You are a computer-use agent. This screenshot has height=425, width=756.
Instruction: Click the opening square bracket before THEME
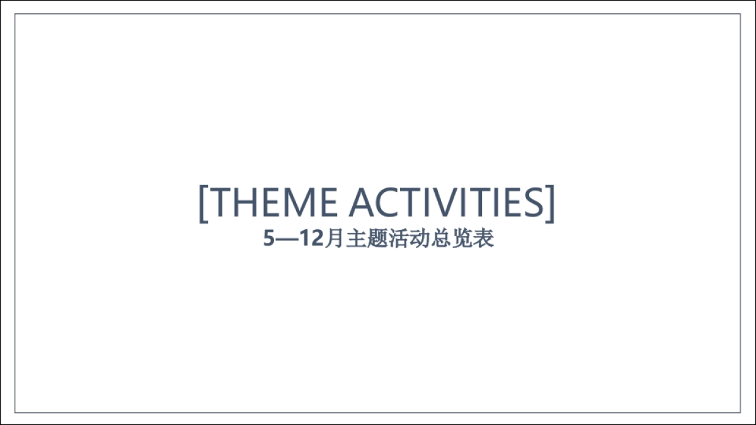[203, 203]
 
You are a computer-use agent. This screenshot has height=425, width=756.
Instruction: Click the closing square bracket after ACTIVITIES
[551, 203]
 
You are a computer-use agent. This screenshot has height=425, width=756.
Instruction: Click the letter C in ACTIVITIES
[385, 203]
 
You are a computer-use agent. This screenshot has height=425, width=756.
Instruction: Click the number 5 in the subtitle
[270, 239]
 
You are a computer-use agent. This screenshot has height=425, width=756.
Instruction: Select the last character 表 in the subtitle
[484, 239]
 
